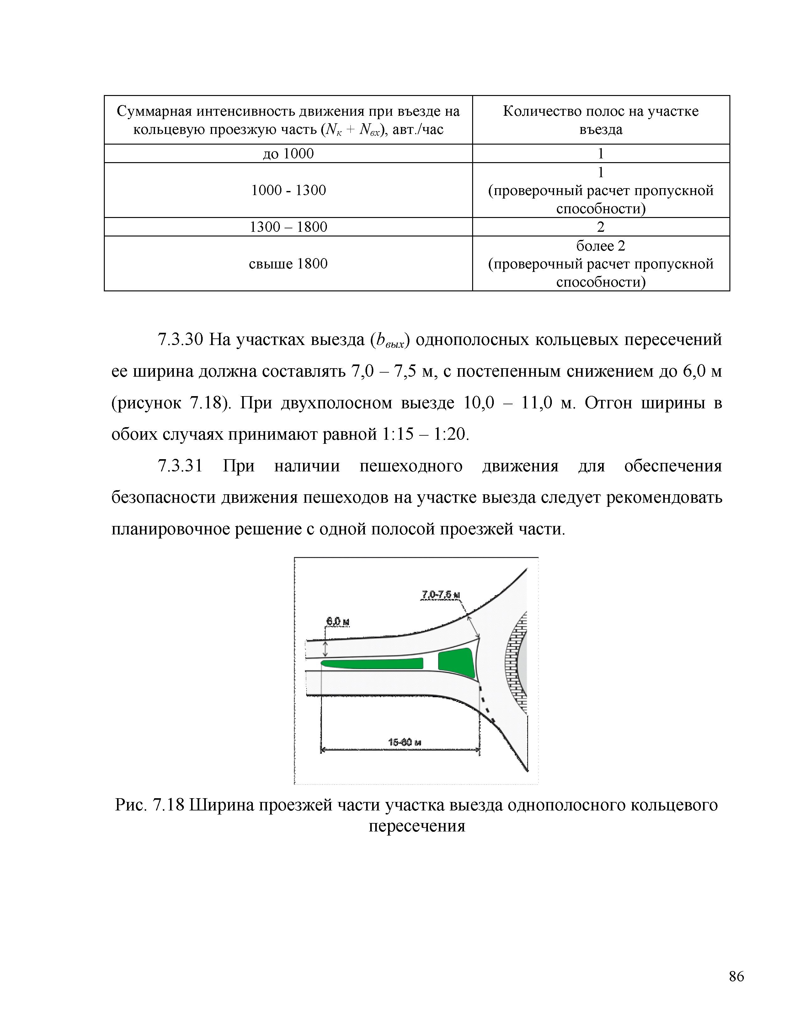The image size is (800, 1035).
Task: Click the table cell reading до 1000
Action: point(288,154)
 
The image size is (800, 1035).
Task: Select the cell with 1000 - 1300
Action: point(288,190)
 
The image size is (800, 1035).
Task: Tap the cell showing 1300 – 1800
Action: point(288,227)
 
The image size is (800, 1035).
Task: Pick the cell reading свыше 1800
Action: point(288,263)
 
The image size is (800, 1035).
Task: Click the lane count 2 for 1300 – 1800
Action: point(600,227)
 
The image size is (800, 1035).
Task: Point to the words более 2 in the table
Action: point(600,246)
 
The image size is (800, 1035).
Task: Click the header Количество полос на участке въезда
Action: point(600,120)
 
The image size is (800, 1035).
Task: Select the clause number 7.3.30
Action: point(180,340)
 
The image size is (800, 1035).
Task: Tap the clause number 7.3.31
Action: point(180,466)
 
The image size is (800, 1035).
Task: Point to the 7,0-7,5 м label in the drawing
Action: point(441,595)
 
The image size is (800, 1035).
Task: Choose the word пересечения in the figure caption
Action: point(417,826)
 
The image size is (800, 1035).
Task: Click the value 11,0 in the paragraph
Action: point(537,403)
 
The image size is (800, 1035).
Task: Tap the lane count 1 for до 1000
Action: point(600,154)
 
